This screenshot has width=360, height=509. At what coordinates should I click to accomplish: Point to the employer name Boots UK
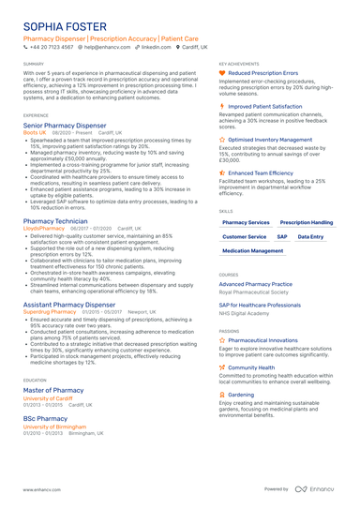click(35, 133)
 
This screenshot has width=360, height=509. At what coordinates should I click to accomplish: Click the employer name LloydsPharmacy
click(42, 228)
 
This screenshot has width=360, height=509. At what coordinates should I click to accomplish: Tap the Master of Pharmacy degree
click(53, 390)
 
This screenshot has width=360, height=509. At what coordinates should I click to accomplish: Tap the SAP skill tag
click(282, 236)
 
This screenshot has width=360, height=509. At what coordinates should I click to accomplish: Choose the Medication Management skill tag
click(253, 251)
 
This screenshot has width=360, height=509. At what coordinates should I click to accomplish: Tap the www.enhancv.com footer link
click(42, 490)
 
